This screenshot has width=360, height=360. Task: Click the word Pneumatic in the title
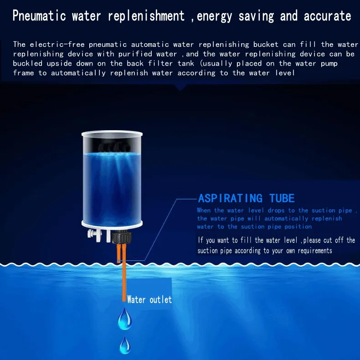point(39,15)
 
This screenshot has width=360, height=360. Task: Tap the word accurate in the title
point(327,15)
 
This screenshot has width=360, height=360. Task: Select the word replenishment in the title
point(146,15)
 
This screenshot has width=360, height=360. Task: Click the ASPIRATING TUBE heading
point(246,198)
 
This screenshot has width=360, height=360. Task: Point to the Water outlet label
point(149,299)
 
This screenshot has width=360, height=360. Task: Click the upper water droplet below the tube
point(124,319)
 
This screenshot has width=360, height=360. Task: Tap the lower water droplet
point(125,345)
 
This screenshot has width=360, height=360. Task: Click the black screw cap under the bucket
point(122,238)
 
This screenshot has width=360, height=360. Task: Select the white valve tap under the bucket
point(94,236)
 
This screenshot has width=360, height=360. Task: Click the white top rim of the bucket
point(112,133)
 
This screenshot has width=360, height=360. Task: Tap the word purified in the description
point(135,54)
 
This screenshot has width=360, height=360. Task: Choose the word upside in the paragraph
point(59,64)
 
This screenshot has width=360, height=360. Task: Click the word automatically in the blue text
point(286,218)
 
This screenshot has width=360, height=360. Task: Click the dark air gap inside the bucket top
point(112,145)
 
